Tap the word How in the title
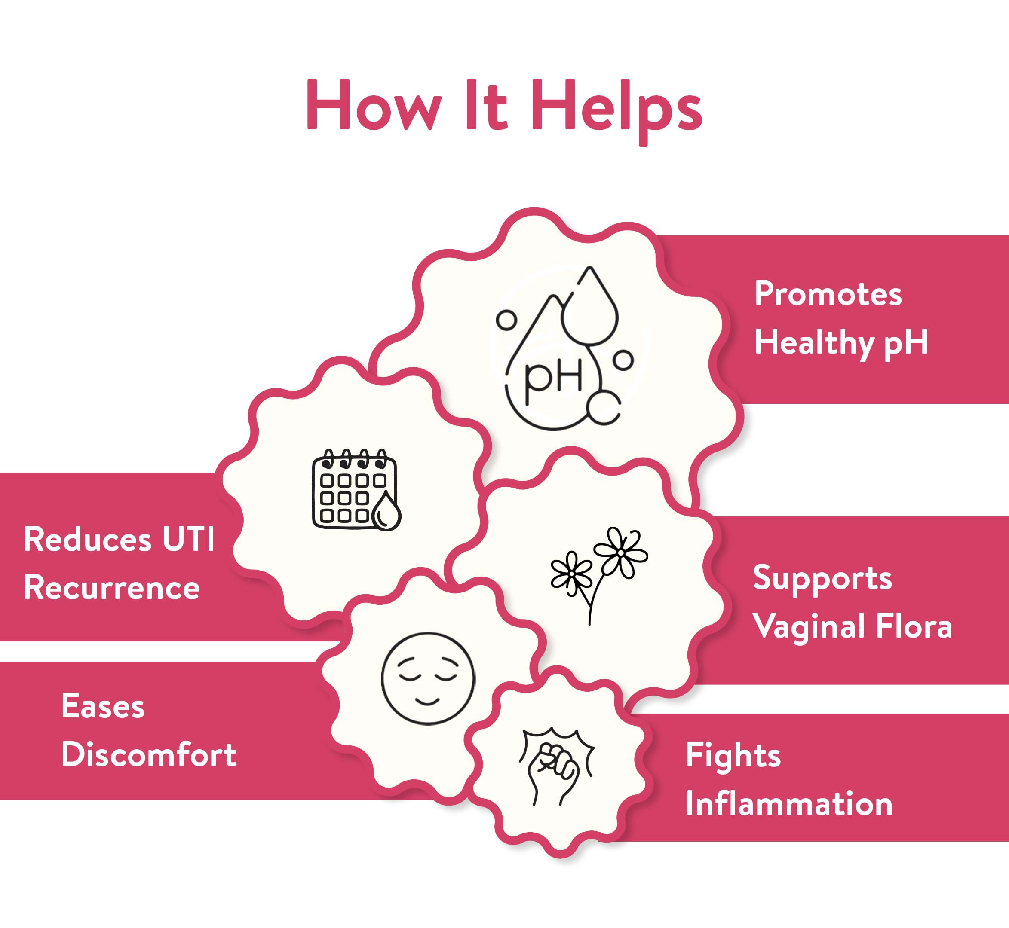[x=374, y=105]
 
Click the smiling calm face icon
[x=428, y=678]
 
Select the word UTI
[x=188, y=540]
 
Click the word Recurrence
[x=111, y=588]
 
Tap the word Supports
[x=822, y=578]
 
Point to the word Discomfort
[x=149, y=755]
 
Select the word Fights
[x=733, y=756]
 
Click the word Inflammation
[x=789, y=804]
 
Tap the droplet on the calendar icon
[x=386, y=512]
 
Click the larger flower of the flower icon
[x=621, y=553]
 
